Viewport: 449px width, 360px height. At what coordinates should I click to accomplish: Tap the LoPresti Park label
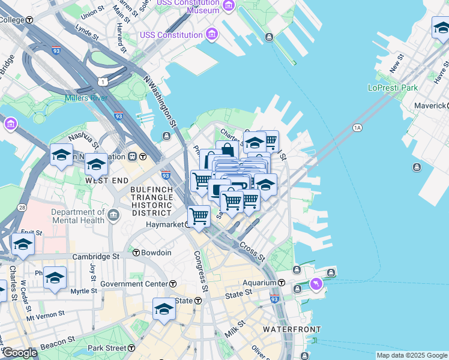(x=392, y=88)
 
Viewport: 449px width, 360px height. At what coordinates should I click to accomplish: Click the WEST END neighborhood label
(x=107, y=180)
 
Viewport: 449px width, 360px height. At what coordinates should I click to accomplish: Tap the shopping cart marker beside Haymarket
(x=199, y=216)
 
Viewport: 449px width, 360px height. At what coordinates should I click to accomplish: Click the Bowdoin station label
(x=156, y=253)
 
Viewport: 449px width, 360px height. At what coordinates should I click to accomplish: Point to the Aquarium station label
(x=259, y=282)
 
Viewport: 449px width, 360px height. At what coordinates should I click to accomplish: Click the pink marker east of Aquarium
(x=316, y=283)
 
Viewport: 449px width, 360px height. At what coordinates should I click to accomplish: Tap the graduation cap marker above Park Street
(x=163, y=308)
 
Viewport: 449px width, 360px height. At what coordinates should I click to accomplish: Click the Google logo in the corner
(x=19, y=352)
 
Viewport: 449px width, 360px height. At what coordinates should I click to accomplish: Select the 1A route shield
(x=358, y=127)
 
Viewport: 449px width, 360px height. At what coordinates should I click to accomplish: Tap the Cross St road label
(x=252, y=251)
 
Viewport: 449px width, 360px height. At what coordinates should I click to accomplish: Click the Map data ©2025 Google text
(x=411, y=355)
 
